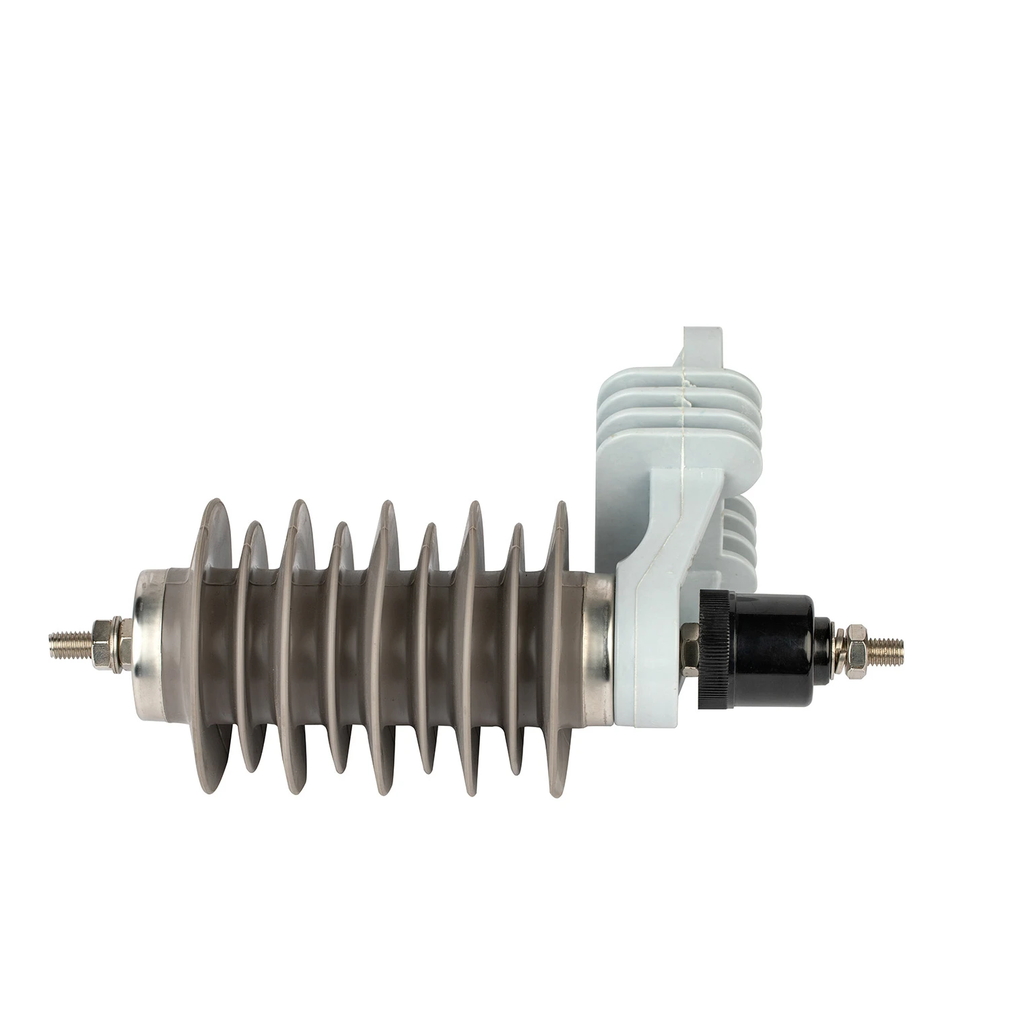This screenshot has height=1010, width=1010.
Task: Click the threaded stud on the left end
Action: coord(67,638)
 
